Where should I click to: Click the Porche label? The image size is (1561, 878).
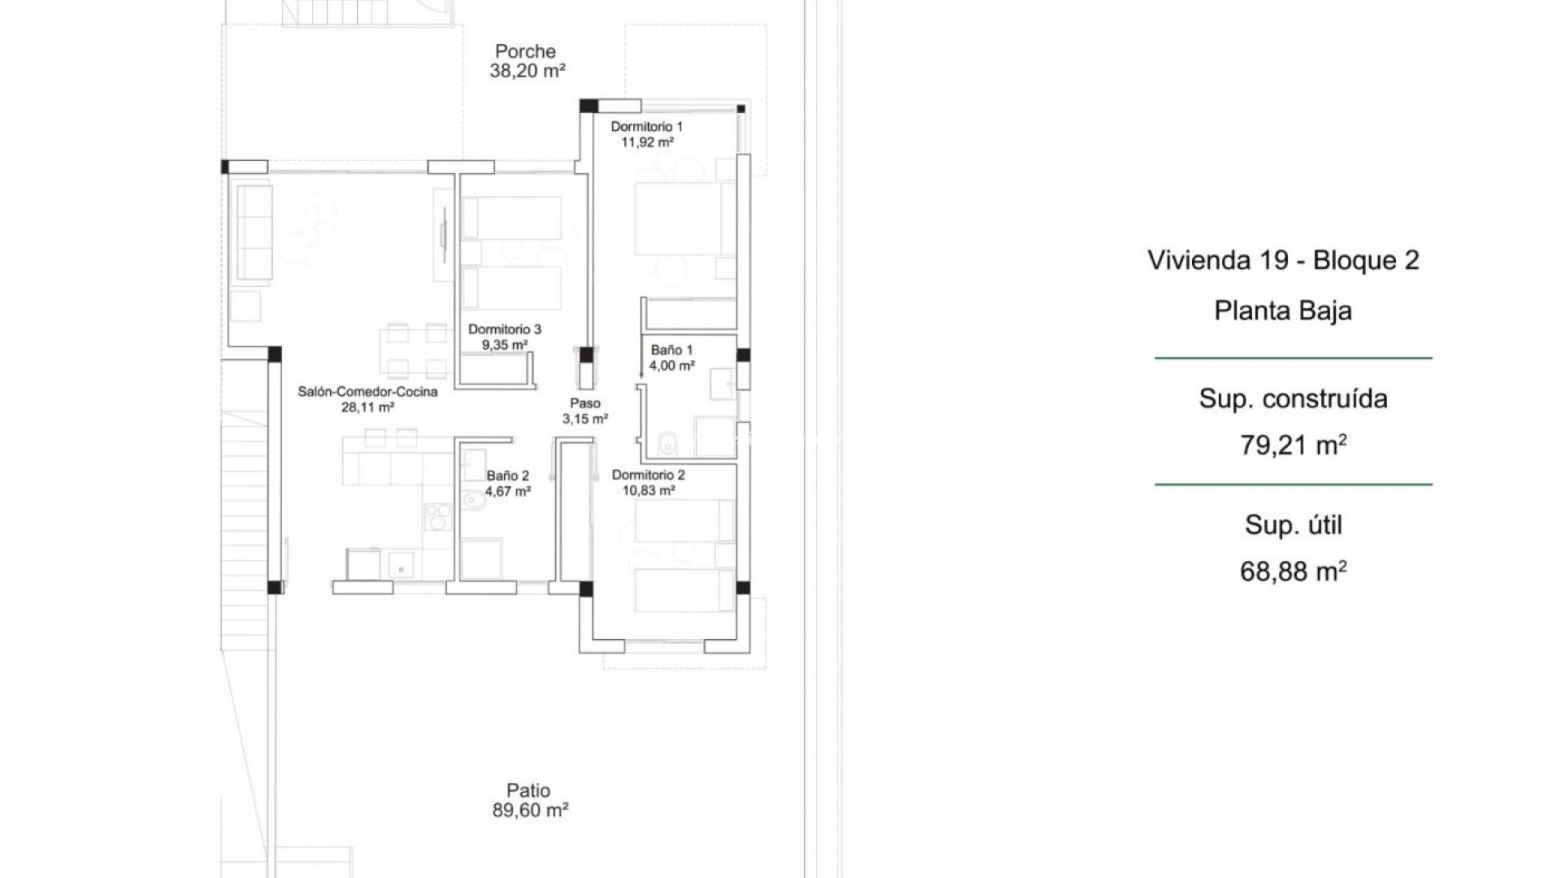[x=525, y=51]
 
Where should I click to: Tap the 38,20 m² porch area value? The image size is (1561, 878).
[x=527, y=71]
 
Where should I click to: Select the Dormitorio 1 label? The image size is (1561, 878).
[x=646, y=127]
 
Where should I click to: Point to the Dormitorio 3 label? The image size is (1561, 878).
[x=504, y=329]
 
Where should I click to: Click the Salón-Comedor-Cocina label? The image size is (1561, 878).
[x=367, y=392]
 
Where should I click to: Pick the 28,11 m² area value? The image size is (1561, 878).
[x=367, y=407]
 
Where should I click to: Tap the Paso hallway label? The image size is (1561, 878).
[x=585, y=403]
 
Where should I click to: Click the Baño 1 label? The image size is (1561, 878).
[x=672, y=350]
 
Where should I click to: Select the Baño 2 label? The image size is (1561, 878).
[x=508, y=476]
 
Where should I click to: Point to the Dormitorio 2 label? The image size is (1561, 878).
[x=648, y=475]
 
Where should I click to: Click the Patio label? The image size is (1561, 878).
[x=528, y=790]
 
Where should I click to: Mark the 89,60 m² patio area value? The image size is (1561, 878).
[x=529, y=810]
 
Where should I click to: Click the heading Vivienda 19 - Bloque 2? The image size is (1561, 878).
[x=1283, y=260]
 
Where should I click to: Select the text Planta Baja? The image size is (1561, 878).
[x=1283, y=311]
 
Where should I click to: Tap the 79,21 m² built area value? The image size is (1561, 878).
[x=1293, y=446]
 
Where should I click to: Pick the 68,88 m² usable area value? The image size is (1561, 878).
[x=1293, y=572]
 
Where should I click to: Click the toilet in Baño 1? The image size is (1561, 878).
[x=667, y=443]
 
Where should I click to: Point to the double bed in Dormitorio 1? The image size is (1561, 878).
[x=685, y=219]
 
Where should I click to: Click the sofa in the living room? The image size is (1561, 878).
[x=254, y=233]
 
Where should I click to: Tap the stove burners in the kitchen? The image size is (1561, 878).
[x=437, y=517]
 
